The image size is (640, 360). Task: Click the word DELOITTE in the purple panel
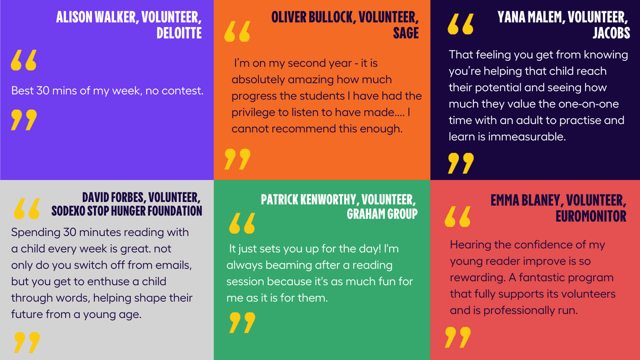[179, 33]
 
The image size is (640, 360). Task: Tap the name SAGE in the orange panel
[406, 33]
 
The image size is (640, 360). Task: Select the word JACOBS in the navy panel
[611, 33]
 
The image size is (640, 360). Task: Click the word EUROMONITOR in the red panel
[590, 216]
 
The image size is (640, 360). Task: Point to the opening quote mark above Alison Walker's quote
[24, 60]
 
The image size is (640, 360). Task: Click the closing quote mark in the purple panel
[24, 120]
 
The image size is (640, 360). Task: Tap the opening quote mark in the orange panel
[237, 31]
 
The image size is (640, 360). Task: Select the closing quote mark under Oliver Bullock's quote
[237, 159]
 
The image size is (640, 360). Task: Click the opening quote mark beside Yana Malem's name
[461, 24]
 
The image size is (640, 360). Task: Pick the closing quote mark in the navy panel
[461, 163]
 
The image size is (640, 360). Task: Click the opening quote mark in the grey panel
[27, 208]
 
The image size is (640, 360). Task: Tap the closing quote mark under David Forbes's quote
[27, 342]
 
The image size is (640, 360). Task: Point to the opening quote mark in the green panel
[242, 223]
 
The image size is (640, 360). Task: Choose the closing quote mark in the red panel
[458, 337]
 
